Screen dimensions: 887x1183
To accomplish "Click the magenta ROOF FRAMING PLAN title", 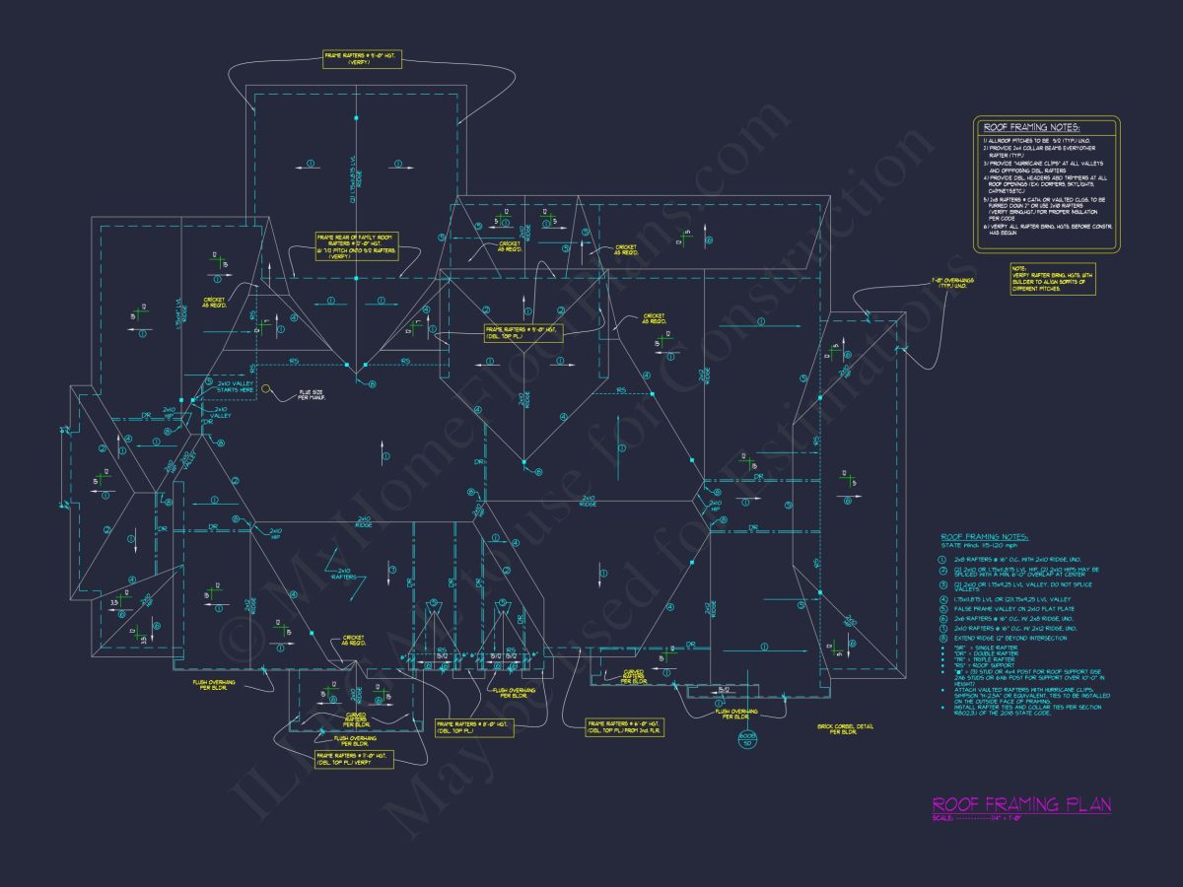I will (x=1021, y=805).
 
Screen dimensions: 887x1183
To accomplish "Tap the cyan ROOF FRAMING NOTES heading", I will (x=985, y=537).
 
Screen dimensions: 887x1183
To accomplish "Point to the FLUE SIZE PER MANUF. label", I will (x=312, y=395).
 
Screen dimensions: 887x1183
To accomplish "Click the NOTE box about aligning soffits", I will (x=1052, y=279).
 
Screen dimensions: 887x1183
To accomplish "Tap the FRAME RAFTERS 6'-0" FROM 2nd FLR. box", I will (x=624, y=727).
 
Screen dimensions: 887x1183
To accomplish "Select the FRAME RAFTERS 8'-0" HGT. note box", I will (x=468, y=727).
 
